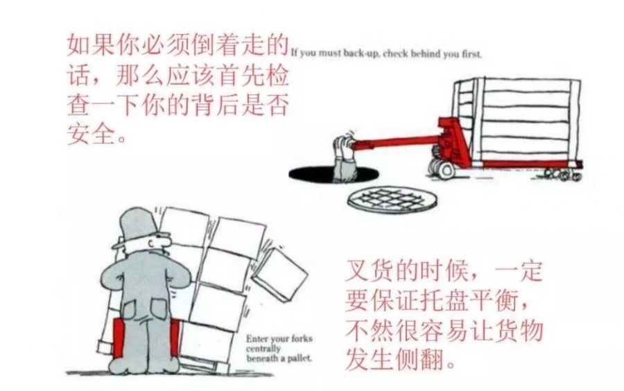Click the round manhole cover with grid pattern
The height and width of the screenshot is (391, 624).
392,198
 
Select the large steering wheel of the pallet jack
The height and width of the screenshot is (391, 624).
444,168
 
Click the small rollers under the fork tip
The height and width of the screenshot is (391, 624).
562,173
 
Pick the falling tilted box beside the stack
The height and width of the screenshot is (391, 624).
280,274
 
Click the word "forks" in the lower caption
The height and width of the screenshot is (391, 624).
302,339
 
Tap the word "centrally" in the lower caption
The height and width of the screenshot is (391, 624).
263,349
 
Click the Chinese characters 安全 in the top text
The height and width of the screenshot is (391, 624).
91,134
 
